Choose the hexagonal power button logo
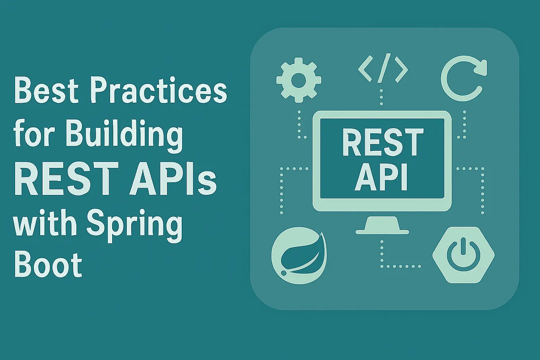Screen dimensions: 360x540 463,255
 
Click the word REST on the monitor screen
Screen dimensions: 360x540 383,142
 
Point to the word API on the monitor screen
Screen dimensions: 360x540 382,178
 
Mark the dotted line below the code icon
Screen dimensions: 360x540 381,97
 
